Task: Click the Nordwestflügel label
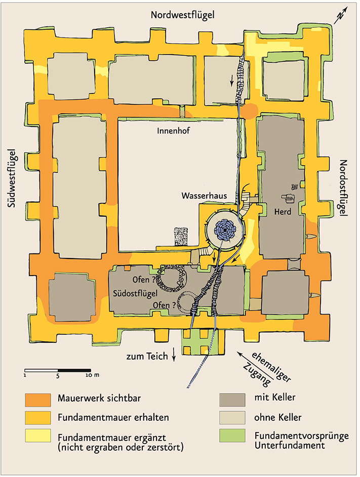pyautogui.click(x=183, y=15)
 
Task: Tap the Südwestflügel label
pyautogui.click(x=12, y=178)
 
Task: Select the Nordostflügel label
pyautogui.click(x=343, y=188)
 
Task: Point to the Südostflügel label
pyautogui.click(x=135, y=293)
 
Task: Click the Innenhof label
pyautogui.click(x=173, y=131)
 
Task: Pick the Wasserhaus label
pyautogui.click(x=204, y=195)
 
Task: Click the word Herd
pyautogui.click(x=283, y=211)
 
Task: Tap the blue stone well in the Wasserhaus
pyautogui.click(x=225, y=230)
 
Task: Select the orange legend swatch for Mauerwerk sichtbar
pyautogui.click(x=38, y=400)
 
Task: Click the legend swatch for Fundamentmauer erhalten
pyautogui.click(x=38, y=418)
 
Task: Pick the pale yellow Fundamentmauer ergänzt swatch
pyautogui.click(x=38, y=436)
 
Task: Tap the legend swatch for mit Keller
pyautogui.click(x=232, y=400)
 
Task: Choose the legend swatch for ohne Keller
pyautogui.click(x=232, y=418)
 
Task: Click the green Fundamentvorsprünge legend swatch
pyautogui.click(x=232, y=436)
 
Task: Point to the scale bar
pyautogui.click(x=58, y=371)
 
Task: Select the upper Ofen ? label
pyautogui.click(x=144, y=280)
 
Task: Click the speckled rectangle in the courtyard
pyautogui.click(x=181, y=236)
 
